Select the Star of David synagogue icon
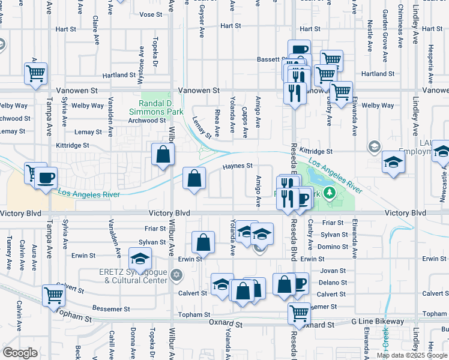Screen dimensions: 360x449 click(175, 275)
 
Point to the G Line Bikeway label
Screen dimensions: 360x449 click(378, 322)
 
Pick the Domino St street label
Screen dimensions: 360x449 click(333, 247)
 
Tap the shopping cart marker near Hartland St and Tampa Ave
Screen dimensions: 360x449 click(36, 73)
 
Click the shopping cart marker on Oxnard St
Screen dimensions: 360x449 click(299, 312)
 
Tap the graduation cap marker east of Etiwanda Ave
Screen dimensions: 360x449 click(393, 162)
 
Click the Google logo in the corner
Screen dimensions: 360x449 click(20, 353)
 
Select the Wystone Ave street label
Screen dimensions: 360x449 click(142, 59)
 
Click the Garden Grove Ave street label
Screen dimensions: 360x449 click(385, 30)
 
